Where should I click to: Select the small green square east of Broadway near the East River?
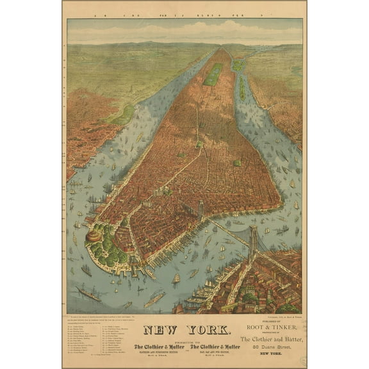(x=238, y=163)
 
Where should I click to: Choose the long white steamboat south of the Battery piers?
(x=154, y=299)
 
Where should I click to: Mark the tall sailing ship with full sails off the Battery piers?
(x=176, y=278)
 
